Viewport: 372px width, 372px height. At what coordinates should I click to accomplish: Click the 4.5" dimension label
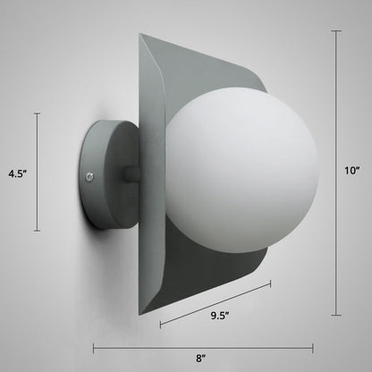[x=18, y=173]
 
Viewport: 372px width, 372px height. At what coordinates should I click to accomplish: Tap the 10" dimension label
[x=352, y=171]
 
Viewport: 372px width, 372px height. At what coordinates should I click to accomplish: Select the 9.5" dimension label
[x=220, y=316]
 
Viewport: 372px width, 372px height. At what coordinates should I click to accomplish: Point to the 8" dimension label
[x=201, y=359]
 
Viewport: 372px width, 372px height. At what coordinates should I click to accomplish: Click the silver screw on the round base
[x=89, y=177]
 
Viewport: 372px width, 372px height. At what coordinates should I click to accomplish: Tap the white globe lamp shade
[x=242, y=170]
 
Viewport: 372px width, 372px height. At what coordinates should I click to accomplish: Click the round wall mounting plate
[x=109, y=174]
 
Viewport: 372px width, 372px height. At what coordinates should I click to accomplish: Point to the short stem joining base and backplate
[x=132, y=174]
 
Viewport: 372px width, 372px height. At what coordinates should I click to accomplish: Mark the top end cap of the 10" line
[x=336, y=30]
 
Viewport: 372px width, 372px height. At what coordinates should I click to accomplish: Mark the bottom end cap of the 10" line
[x=336, y=315]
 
